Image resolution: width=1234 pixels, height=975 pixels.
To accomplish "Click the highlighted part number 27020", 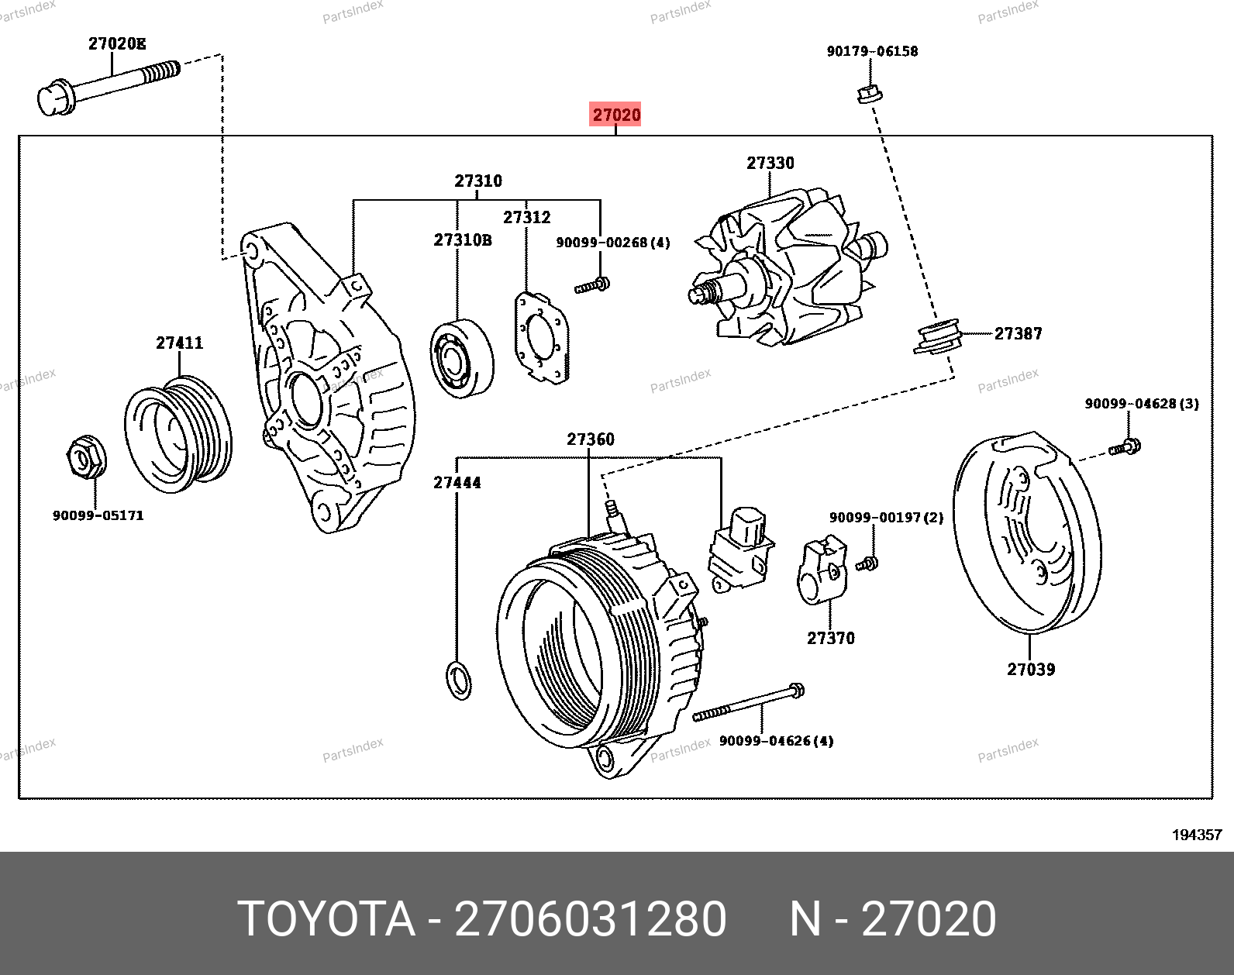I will pyautogui.click(x=616, y=115).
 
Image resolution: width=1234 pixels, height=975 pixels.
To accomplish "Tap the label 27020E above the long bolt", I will pyautogui.click(x=116, y=44).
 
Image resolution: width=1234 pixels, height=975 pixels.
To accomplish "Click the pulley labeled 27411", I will pyautogui.click(x=178, y=433).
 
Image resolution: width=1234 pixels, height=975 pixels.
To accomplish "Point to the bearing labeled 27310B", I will pyautogui.click(x=462, y=358).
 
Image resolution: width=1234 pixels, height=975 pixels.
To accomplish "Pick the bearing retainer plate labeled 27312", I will pyautogui.click(x=542, y=337).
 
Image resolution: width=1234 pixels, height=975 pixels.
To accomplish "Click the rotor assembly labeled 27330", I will pyautogui.click(x=783, y=271).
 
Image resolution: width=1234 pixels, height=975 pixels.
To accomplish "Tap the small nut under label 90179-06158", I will pyautogui.click(x=870, y=94).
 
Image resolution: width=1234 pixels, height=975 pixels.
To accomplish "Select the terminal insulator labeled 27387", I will pyautogui.click(x=938, y=336).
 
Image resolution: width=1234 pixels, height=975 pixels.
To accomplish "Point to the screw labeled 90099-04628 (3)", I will pyautogui.click(x=1125, y=447).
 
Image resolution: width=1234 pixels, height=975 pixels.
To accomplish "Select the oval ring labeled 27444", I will pyautogui.click(x=460, y=680).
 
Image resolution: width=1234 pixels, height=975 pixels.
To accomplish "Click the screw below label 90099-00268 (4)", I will pyautogui.click(x=592, y=286).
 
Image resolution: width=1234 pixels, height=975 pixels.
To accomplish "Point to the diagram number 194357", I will pyautogui.click(x=1196, y=835).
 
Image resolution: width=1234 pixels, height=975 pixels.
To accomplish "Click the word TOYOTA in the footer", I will pyautogui.click(x=326, y=919).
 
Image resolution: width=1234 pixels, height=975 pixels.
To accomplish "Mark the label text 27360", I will pyautogui.click(x=591, y=439).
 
